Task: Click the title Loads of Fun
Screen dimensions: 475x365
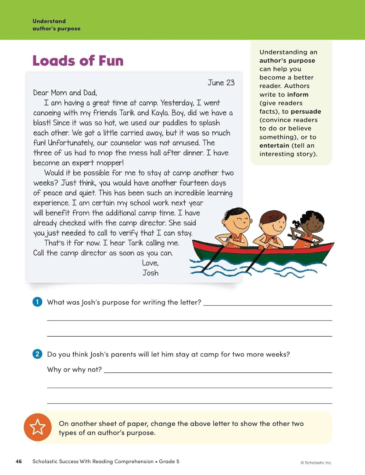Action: click(78, 61)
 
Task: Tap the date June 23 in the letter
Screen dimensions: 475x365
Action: click(221, 83)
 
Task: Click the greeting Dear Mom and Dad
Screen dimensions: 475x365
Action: click(65, 93)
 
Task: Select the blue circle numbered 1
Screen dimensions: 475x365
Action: click(37, 302)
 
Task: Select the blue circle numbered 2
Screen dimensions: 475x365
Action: click(37, 354)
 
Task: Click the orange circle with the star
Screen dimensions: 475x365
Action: click(38, 427)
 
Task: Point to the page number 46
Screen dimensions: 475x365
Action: click(19, 461)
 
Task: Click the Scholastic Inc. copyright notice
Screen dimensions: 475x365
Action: click(316, 463)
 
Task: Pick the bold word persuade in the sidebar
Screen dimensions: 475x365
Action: click(306, 111)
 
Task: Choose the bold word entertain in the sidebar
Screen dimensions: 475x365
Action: click(274, 146)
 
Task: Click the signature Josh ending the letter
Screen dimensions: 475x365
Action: click(150, 273)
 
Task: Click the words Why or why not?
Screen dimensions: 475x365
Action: click(74, 370)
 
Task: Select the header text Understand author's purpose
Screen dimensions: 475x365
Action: click(56, 25)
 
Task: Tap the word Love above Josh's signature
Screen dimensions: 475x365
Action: click(150, 263)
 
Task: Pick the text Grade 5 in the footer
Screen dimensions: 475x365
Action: click(169, 461)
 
